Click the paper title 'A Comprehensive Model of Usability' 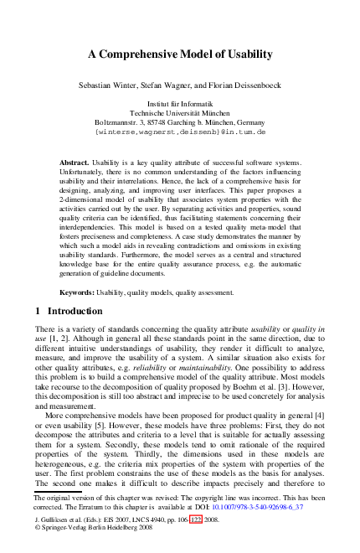tap(180, 54)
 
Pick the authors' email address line tap(180, 132)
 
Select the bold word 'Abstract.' tap(75, 161)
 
